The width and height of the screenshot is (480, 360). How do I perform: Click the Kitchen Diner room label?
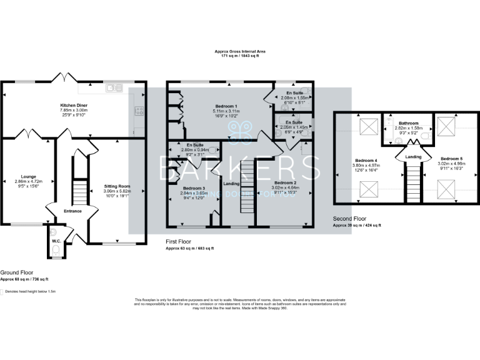click(x=72, y=104)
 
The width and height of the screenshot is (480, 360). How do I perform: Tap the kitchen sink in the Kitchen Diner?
click(x=115, y=87)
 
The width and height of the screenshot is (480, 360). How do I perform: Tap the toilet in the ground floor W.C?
click(x=56, y=251)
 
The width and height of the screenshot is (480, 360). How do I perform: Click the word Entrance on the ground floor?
click(x=72, y=211)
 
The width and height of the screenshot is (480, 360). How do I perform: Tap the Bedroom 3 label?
click(x=194, y=188)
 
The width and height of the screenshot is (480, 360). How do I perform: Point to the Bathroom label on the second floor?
click(x=408, y=123)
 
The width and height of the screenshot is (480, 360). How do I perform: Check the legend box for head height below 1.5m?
click(x=2, y=291)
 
